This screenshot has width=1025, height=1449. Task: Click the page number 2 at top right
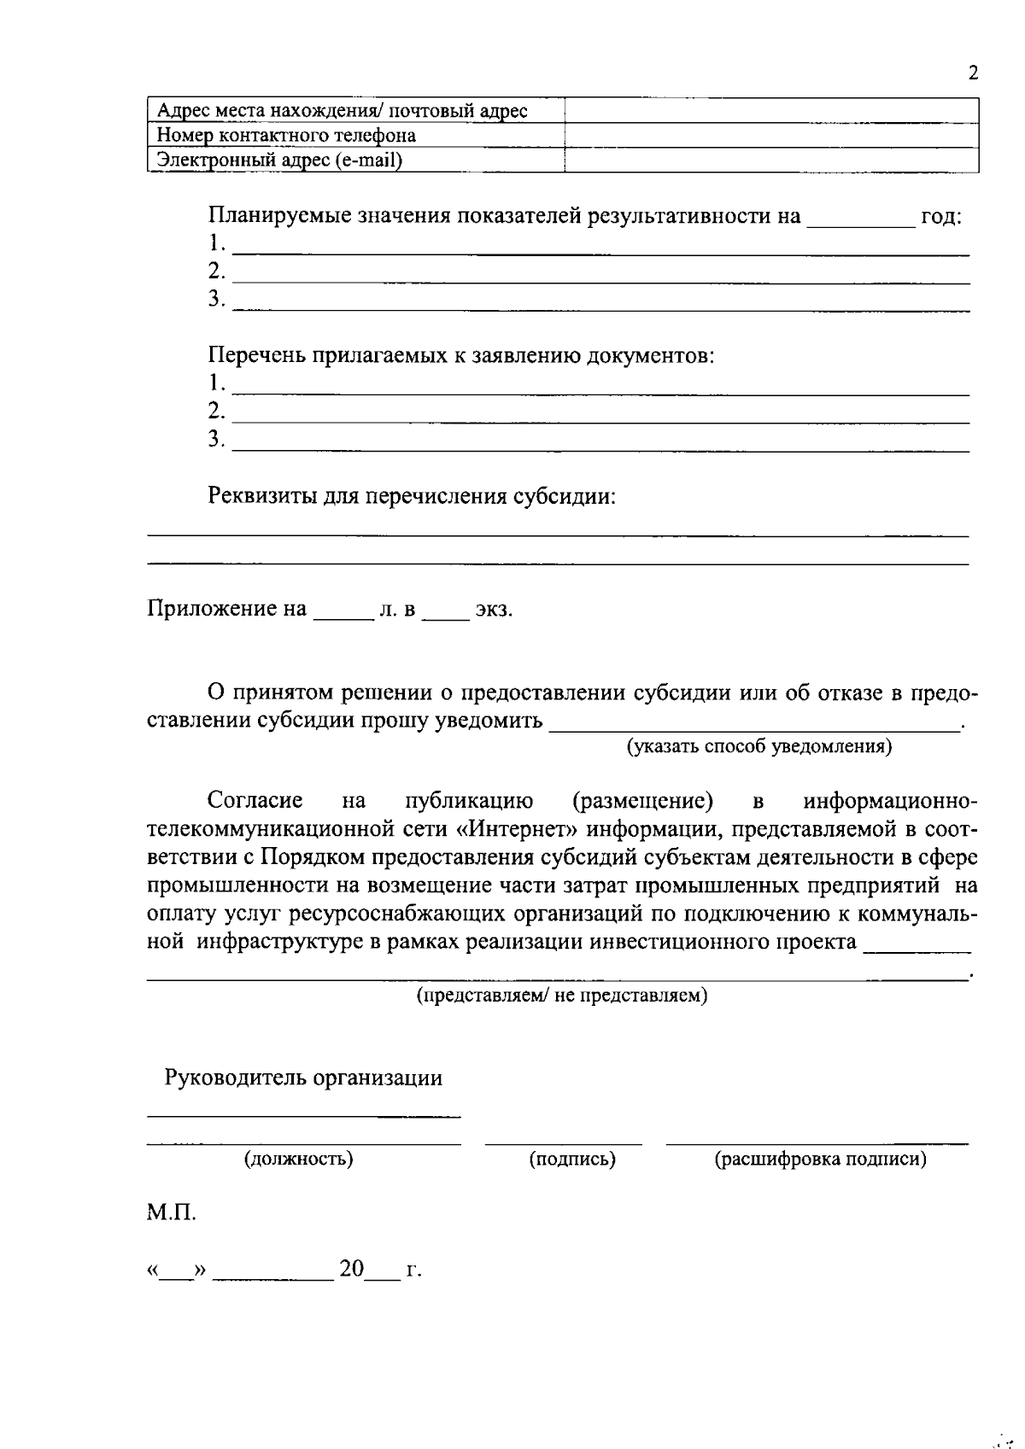973,73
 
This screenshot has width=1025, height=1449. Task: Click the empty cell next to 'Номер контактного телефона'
771,136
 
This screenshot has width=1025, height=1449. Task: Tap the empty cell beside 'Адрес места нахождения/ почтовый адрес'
771,111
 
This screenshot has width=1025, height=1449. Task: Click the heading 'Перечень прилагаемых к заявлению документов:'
461,355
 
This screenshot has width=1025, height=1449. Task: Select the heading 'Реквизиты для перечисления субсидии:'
412,496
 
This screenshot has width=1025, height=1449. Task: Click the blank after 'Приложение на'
343,611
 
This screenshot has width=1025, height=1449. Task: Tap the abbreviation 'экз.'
494,610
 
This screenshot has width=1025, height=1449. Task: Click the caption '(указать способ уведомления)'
759,747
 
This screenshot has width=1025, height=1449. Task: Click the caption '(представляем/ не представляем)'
561,996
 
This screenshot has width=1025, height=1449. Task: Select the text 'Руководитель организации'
303,1078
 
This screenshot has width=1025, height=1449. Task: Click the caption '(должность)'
299,1159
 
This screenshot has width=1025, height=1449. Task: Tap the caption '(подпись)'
572,1159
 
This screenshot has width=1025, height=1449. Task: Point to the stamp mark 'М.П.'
171,1212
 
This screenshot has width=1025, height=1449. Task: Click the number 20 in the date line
351,1269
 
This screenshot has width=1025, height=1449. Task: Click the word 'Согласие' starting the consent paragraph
255,801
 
